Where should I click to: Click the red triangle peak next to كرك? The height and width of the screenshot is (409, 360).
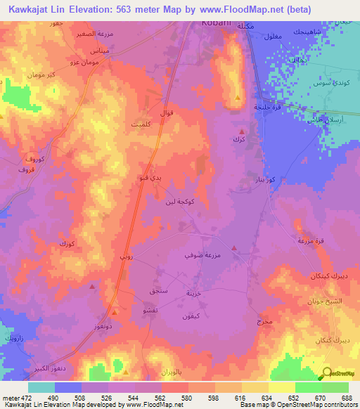pyautogui.click(x=242, y=131)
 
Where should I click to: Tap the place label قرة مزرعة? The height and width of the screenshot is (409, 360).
pyautogui.click(x=311, y=241)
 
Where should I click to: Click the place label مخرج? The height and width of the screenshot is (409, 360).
pyautogui.click(x=264, y=322)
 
